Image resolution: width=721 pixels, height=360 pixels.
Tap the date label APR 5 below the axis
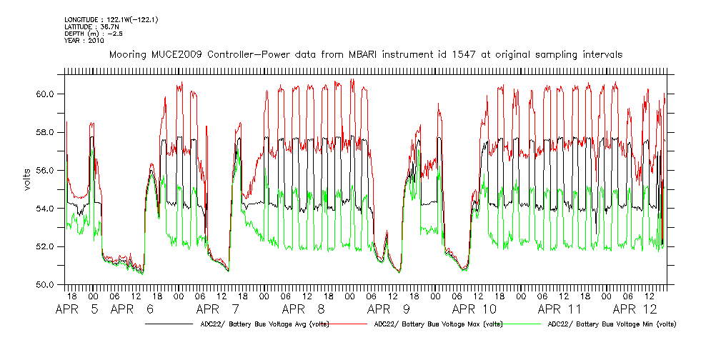coord(79,310)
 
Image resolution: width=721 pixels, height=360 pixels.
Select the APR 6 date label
coord(133,310)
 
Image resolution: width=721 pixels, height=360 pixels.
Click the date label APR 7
coord(219,310)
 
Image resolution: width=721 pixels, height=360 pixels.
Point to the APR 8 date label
coord(304,310)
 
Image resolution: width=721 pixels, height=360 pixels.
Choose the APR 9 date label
coord(389,310)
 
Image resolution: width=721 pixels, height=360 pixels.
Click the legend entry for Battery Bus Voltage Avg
coord(264,324)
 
